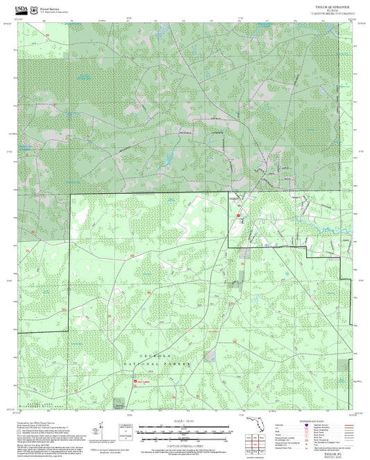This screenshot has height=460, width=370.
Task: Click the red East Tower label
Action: [143, 381]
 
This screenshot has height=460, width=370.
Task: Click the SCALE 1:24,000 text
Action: [185, 420]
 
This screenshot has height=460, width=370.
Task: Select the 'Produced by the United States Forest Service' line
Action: [43, 421]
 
